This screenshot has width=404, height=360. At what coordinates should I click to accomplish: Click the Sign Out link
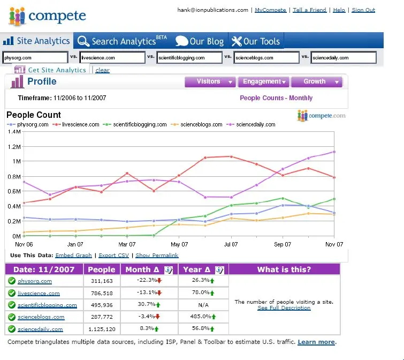(363, 10)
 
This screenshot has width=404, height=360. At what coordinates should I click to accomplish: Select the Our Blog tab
(200, 41)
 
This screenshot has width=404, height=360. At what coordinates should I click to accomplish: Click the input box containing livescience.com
(112, 57)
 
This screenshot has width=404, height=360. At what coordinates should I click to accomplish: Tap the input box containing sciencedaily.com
(344, 57)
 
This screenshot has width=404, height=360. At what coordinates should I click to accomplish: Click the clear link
(102, 70)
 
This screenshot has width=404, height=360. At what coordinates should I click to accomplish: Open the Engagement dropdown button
(264, 82)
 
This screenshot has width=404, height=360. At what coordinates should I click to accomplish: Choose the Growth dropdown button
(317, 82)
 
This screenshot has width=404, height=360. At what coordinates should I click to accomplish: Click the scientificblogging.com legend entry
(135, 125)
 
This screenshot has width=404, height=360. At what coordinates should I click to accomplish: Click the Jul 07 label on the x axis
(231, 244)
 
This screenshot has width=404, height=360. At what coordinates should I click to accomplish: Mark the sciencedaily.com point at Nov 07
(334, 152)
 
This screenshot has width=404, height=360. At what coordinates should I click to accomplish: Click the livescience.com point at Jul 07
(231, 156)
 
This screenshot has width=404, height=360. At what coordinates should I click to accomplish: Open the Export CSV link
(113, 256)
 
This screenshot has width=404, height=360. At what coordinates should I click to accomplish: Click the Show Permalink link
(157, 256)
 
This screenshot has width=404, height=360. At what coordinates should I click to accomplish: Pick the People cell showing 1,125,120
(102, 329)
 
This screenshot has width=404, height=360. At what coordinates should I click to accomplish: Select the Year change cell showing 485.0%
(203, 317)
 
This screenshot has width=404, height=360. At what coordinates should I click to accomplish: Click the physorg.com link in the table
(35, 281)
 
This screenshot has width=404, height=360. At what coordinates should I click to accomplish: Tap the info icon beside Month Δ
(169, 270)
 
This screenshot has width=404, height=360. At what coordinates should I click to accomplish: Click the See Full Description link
(284, 308)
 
